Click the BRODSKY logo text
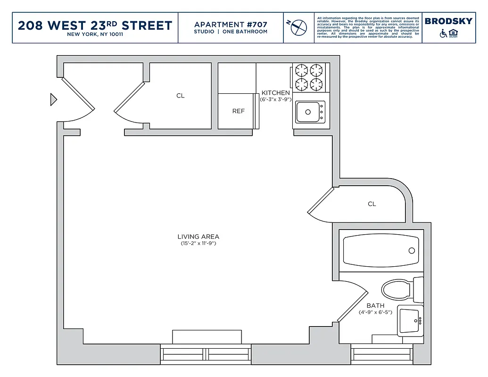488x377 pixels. pyautogui.click(x=448, y=21)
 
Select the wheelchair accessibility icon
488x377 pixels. pyautogui.click(x=443, y=33)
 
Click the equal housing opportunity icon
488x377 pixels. pyautogui.click(x=454, y=33)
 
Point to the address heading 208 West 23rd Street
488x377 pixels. pyautogui.click(x=95, y=25)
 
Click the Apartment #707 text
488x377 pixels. pyautogui.click(x=231, y=25)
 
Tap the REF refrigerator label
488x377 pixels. pyautogui.click(x=239, y=111)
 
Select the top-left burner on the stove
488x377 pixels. pyautogui.click(x=301, y=71)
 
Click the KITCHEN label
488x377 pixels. pyautogui.click(x=276, y=93)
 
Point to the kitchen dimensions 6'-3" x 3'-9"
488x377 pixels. pyautogui.click(x=276, y=99)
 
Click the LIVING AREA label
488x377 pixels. pyautogui.click(x=198, y=237)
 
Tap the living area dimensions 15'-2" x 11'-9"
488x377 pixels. pyautogui.click(x=198, y=244)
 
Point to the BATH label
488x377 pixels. pyautogui.click(x=375, y=305)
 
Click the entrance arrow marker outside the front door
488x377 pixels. pyautogui.click(x=53, y=99)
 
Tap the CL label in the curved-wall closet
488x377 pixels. pyautogui.click(x=372, y=204)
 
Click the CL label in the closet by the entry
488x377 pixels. pyautogui.click(x=181, y=96)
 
